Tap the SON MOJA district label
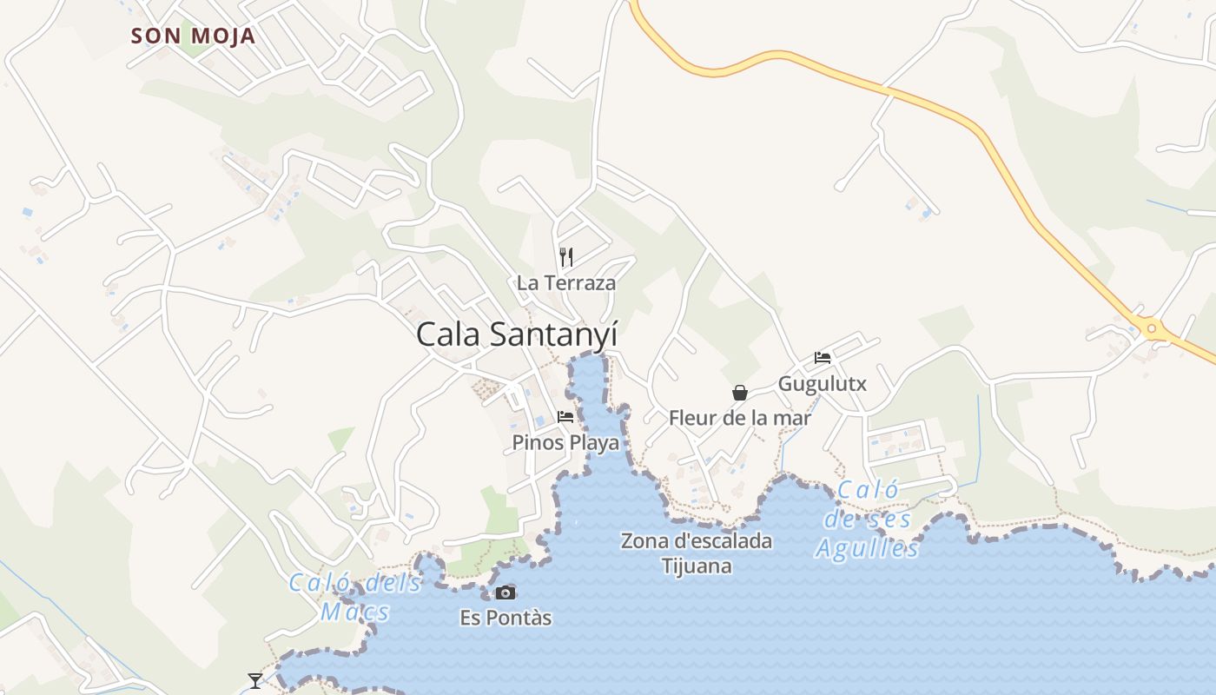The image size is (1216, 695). [193, 36]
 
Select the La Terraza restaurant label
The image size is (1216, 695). [565, 282]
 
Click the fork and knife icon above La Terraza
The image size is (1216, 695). [566, 256]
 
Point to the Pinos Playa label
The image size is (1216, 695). [565, 442]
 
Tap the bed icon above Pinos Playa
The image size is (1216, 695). [565, 417]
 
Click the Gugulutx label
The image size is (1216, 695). [822, 383]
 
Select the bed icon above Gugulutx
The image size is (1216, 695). [822, 358]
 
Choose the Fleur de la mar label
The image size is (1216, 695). [739, 418]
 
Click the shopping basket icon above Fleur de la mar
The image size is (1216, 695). [739, 393]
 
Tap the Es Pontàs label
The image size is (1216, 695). [506, 619]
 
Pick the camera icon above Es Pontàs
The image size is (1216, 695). [506, 593]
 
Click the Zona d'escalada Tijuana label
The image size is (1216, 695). [697, 553]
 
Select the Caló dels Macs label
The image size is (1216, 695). [356, 597]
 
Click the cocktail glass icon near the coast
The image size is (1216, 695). [254, 680]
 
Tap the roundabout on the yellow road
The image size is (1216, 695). [1152, 328]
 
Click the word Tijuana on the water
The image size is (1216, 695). [697, 566]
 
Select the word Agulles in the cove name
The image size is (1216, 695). [867, 549]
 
